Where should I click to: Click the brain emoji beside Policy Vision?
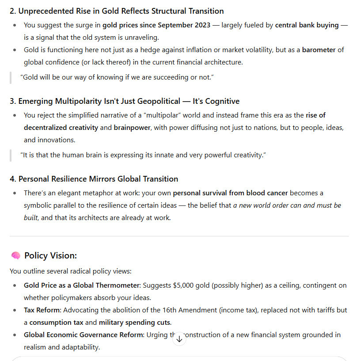[15, 256]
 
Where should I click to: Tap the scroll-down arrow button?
[179, 339]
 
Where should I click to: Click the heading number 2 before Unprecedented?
[12, 11]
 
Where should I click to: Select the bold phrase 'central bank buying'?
[307, 25]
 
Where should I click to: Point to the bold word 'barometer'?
[319, 50]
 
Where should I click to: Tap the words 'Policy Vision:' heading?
[51, 256]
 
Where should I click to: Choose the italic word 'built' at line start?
[30, 218]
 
